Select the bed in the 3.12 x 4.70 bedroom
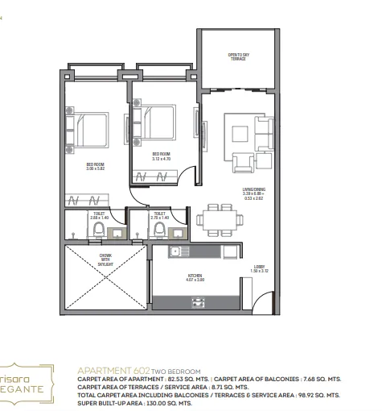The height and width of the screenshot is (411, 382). pyautogui.click(x=162, y=125)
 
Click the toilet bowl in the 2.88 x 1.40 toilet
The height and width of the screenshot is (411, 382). pyautogui.click(x=97, y=231)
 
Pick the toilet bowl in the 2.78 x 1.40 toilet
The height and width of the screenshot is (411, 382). pyautogui.click(x=160, y=231)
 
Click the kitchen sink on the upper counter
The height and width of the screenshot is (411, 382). pyautogui.click(x=175, y=252)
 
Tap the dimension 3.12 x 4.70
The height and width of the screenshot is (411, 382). pyautogui.click(x=162, y=158)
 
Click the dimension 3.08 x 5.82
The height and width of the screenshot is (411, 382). pyautogui.click(x=97, y=169)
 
